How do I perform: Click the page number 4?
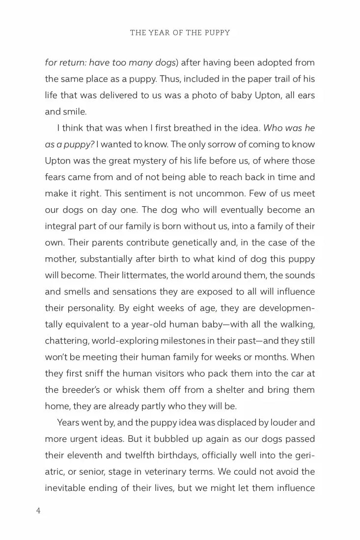[38, 511]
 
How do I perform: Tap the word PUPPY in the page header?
[215, 33]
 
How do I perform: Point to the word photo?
[193, 95]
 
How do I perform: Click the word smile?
[75, 111]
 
